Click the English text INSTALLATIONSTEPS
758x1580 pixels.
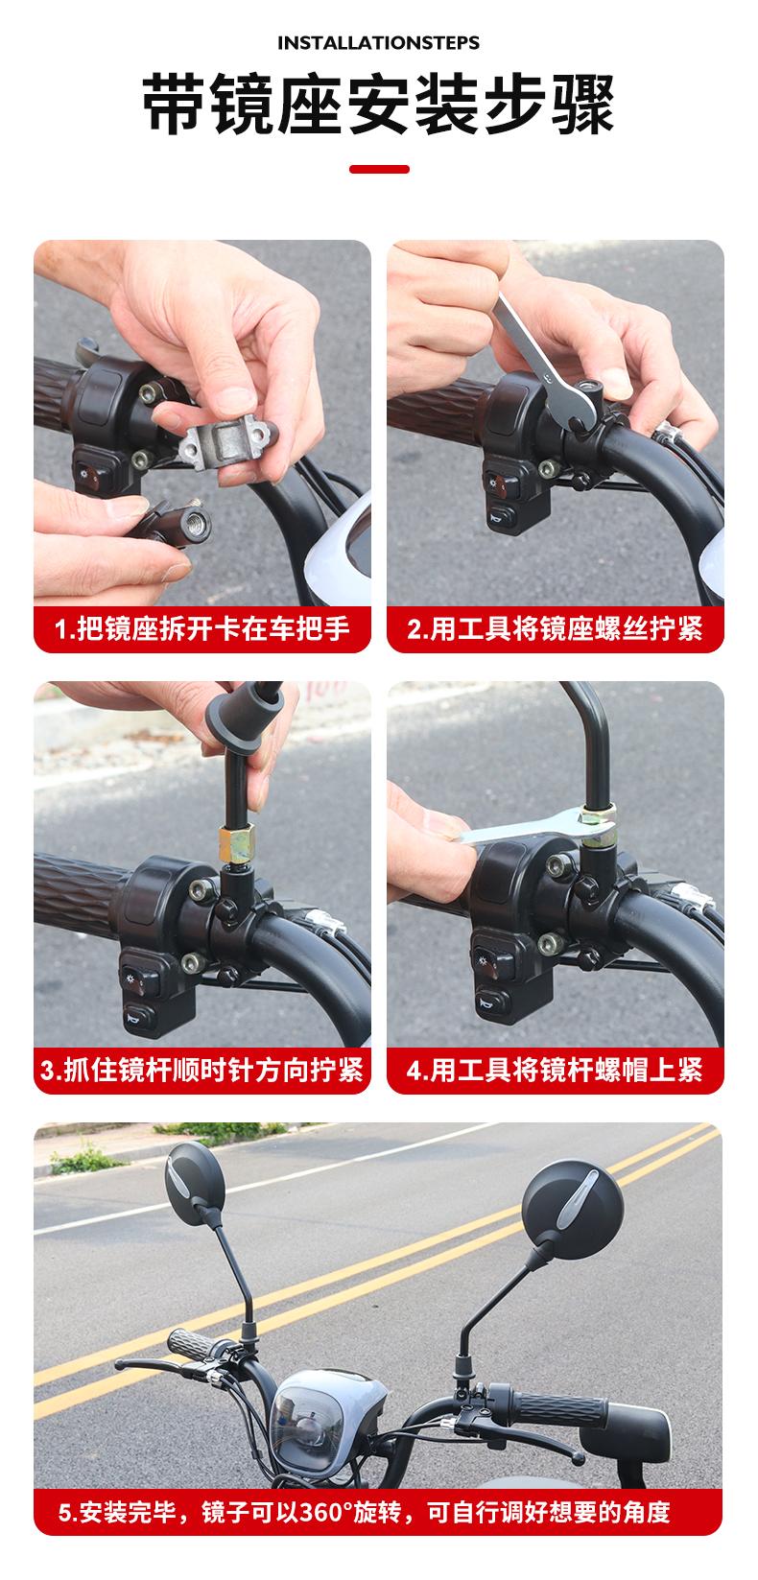coord(378,43)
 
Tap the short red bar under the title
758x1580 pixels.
coord(379,169)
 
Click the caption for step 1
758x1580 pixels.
coord(201,628)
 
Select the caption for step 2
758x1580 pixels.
coord(555,628)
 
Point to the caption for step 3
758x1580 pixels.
coord(201,1070)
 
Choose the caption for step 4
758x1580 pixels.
coord(555,1070)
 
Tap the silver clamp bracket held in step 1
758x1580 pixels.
coord(227,441)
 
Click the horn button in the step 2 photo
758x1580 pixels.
coord(503,518)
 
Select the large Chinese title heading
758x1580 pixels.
coord(378,106)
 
